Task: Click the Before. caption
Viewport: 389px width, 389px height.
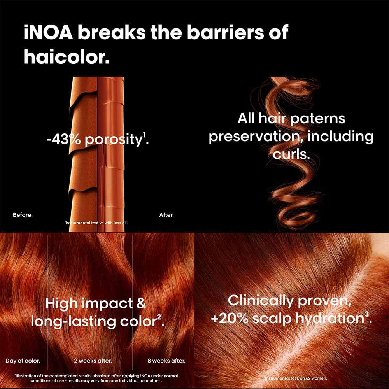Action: tap(23, 215)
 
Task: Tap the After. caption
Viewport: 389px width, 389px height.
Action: tap(166, 215)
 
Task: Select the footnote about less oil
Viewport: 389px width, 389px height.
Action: tap(96, 223)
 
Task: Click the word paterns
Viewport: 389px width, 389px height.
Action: tap(319, 118)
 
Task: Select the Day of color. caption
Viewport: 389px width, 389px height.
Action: tap(23, 361)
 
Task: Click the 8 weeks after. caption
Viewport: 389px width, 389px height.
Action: tap(166, 361)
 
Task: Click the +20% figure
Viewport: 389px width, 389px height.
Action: tap(226, 319)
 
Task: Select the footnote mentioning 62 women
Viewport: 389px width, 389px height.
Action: tap(296, 378)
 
